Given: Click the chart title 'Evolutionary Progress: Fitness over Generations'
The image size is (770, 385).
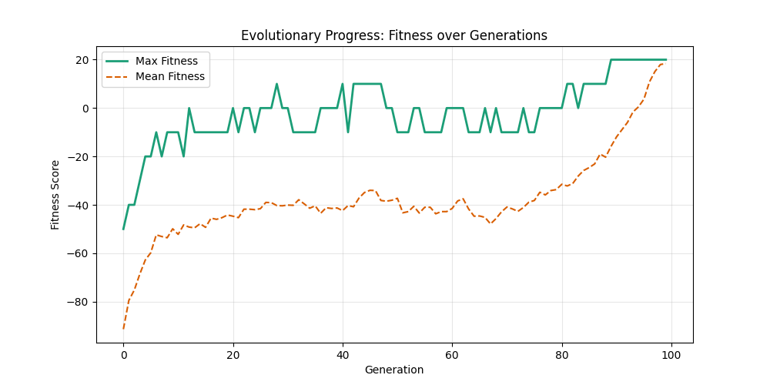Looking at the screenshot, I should (394, 35).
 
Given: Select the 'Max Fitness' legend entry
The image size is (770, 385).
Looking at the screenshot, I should (166, 61).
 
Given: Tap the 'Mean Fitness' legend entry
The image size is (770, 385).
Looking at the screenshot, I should (169, 76).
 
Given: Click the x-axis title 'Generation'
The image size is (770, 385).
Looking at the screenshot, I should (394, 370).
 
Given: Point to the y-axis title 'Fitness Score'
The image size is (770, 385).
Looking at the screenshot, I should (55, 194).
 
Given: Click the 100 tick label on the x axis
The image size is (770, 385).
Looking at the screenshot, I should (671, 354).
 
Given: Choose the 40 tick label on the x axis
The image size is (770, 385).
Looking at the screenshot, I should (343, 354).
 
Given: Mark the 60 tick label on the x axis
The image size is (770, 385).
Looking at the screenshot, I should (452, 354).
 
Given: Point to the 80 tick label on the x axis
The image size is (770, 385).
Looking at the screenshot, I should (562, 354).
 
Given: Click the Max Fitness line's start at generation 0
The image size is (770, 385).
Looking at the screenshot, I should (123, 229).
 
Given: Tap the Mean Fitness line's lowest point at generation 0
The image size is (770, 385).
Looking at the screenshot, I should (123, 329).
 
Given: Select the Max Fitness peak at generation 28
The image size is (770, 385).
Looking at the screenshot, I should (276, 84).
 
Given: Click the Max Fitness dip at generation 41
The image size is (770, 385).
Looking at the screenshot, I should (348, 132).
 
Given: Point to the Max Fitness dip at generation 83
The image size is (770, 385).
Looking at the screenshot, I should (578, 108).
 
